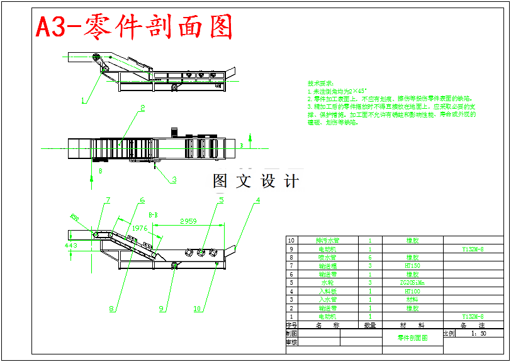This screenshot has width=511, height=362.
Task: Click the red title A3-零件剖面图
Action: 134,27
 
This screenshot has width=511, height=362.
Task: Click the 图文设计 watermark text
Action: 255,181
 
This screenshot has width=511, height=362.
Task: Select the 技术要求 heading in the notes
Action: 320,84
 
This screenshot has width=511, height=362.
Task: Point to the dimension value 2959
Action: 188,221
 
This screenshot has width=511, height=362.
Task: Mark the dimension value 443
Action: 71,246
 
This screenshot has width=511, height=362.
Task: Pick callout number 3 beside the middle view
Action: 174,180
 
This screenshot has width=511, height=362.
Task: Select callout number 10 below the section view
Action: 198,309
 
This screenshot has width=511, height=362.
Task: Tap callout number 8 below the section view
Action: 112,309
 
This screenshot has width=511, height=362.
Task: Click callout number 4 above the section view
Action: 257,201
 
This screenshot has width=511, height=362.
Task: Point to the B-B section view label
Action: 153,215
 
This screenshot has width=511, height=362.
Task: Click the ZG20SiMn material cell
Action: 412,283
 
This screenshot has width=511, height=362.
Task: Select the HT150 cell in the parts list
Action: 412,266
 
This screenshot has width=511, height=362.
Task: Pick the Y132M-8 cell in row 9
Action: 473,249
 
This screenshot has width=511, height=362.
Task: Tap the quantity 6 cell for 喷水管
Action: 370,257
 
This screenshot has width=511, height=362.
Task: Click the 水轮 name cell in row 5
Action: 327,283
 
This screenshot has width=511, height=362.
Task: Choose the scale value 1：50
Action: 478,334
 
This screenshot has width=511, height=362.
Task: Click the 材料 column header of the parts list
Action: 412,325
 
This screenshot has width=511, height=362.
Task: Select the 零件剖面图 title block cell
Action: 412,338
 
